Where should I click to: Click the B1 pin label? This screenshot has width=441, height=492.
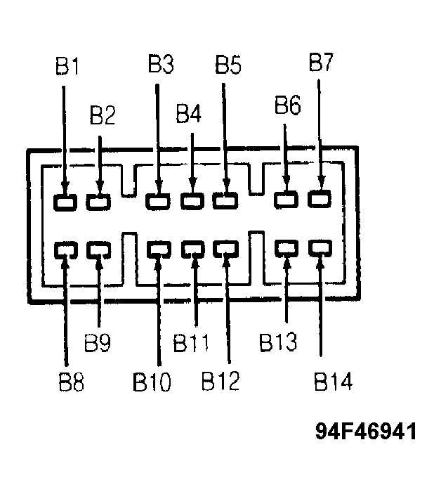point(67,66)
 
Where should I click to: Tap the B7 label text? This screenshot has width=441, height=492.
point(321,62)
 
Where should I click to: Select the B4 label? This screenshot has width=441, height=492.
point(188,113)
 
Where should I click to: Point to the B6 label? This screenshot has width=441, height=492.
point(288,104)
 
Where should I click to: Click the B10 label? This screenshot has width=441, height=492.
point(152,382)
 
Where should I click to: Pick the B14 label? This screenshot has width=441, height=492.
point(333,381)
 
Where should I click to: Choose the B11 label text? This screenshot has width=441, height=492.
point(191,342)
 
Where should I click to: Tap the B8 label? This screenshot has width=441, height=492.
point(72,382)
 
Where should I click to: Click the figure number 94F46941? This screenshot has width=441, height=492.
point(366,431)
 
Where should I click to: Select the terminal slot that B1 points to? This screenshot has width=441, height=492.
point(65,202)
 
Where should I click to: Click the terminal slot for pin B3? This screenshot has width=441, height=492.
point(158,201)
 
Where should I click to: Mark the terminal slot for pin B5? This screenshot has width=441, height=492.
point(225,200)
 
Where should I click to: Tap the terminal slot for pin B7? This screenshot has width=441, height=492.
point(320,199)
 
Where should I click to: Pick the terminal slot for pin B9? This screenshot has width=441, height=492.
point(98,250)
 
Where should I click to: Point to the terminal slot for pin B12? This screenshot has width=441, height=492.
point(225,249)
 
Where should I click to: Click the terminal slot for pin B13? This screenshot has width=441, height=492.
point(287,248)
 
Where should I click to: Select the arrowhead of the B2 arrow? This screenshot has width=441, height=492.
point(100,187)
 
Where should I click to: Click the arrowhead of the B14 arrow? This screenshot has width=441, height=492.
point(320,264)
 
